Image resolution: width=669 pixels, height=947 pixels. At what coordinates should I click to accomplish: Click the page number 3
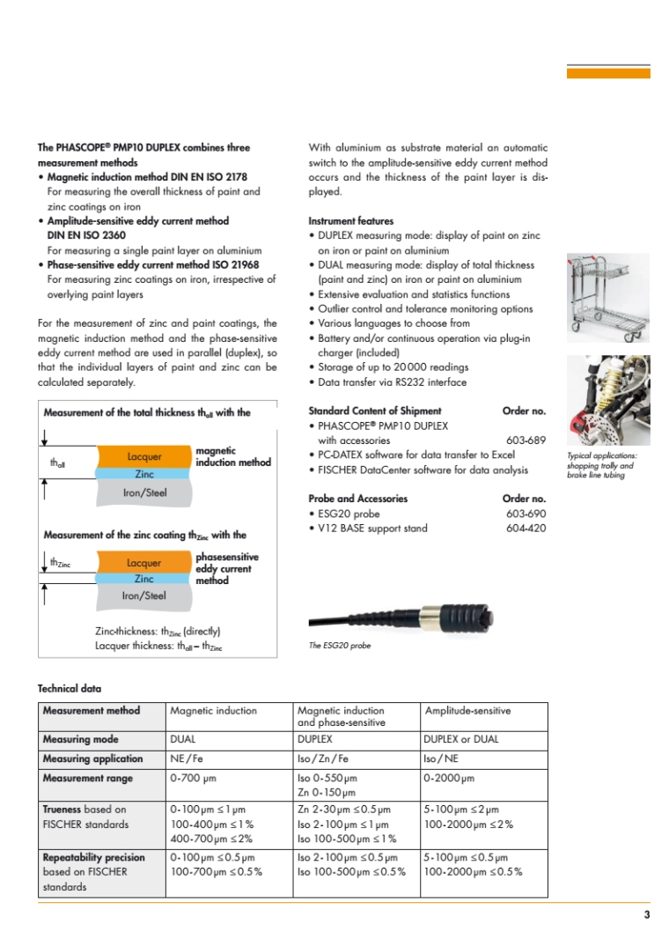(646, 915)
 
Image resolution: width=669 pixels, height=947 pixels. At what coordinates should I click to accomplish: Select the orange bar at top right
(608, 73)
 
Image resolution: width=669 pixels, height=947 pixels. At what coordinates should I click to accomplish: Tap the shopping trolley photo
(607, 299)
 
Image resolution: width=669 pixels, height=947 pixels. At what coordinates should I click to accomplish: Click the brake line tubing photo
(607, 401)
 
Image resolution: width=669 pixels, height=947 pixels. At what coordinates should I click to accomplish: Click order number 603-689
(526, 440)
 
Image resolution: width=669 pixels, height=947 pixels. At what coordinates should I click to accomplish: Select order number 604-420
(526, 528)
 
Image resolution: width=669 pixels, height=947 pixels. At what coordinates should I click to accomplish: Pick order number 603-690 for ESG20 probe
(526, 513)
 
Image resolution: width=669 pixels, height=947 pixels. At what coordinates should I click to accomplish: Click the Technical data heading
(70, 688)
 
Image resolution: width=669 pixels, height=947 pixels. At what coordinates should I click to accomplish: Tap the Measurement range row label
(88, 778)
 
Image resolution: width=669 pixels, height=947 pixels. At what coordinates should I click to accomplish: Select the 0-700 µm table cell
(193, 778)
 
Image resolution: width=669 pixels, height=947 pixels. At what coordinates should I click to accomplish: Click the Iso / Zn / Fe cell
(323, 758)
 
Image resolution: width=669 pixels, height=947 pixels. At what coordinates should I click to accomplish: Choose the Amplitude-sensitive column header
(467, 710)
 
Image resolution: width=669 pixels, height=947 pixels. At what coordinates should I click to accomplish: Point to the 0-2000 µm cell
(449, 778)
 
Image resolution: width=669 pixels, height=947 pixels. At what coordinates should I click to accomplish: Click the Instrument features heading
(351, 221)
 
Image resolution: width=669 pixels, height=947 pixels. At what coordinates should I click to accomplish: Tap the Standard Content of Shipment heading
(375, 411)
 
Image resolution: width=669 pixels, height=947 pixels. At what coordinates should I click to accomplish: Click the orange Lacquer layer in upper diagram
(144, 456)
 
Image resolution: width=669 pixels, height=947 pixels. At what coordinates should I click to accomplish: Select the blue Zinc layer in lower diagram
(144, 579)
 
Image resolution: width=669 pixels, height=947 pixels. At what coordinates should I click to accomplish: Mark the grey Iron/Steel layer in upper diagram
(144, 493)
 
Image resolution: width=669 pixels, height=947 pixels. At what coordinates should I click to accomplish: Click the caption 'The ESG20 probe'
(340, 646)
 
